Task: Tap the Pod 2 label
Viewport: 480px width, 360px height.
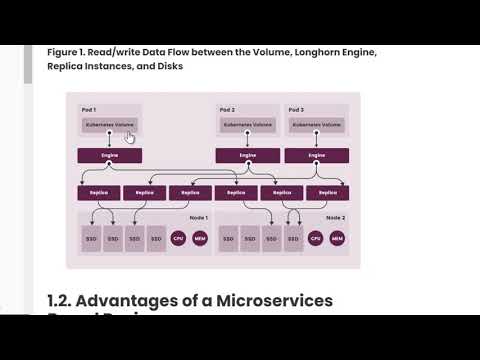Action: [227, 108]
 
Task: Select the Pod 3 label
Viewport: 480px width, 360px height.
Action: [295, 108]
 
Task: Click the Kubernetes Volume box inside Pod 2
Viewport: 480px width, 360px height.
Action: [248, 125]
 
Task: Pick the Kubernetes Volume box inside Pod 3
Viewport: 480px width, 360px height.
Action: [316, 125]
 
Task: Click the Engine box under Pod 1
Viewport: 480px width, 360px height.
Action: [110, 156]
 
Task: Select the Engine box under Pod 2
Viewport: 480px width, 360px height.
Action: [248, 156]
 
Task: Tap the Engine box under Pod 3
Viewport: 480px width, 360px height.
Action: [316, 156]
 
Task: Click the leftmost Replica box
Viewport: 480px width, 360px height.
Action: [98, 192]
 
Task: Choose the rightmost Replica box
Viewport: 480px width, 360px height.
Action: [327, 192]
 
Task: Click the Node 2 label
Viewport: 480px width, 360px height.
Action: [335, 217]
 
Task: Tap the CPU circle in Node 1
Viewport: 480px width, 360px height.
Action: [178, 239]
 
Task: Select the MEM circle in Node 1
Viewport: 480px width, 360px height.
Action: [199, 239]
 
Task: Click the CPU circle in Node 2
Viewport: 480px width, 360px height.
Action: [316, 239]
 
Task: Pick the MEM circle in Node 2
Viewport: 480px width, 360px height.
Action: [337, 239]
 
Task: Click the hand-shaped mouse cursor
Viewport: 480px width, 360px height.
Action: [130, 137]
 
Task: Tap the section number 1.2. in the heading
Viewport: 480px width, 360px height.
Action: [62, 301]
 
